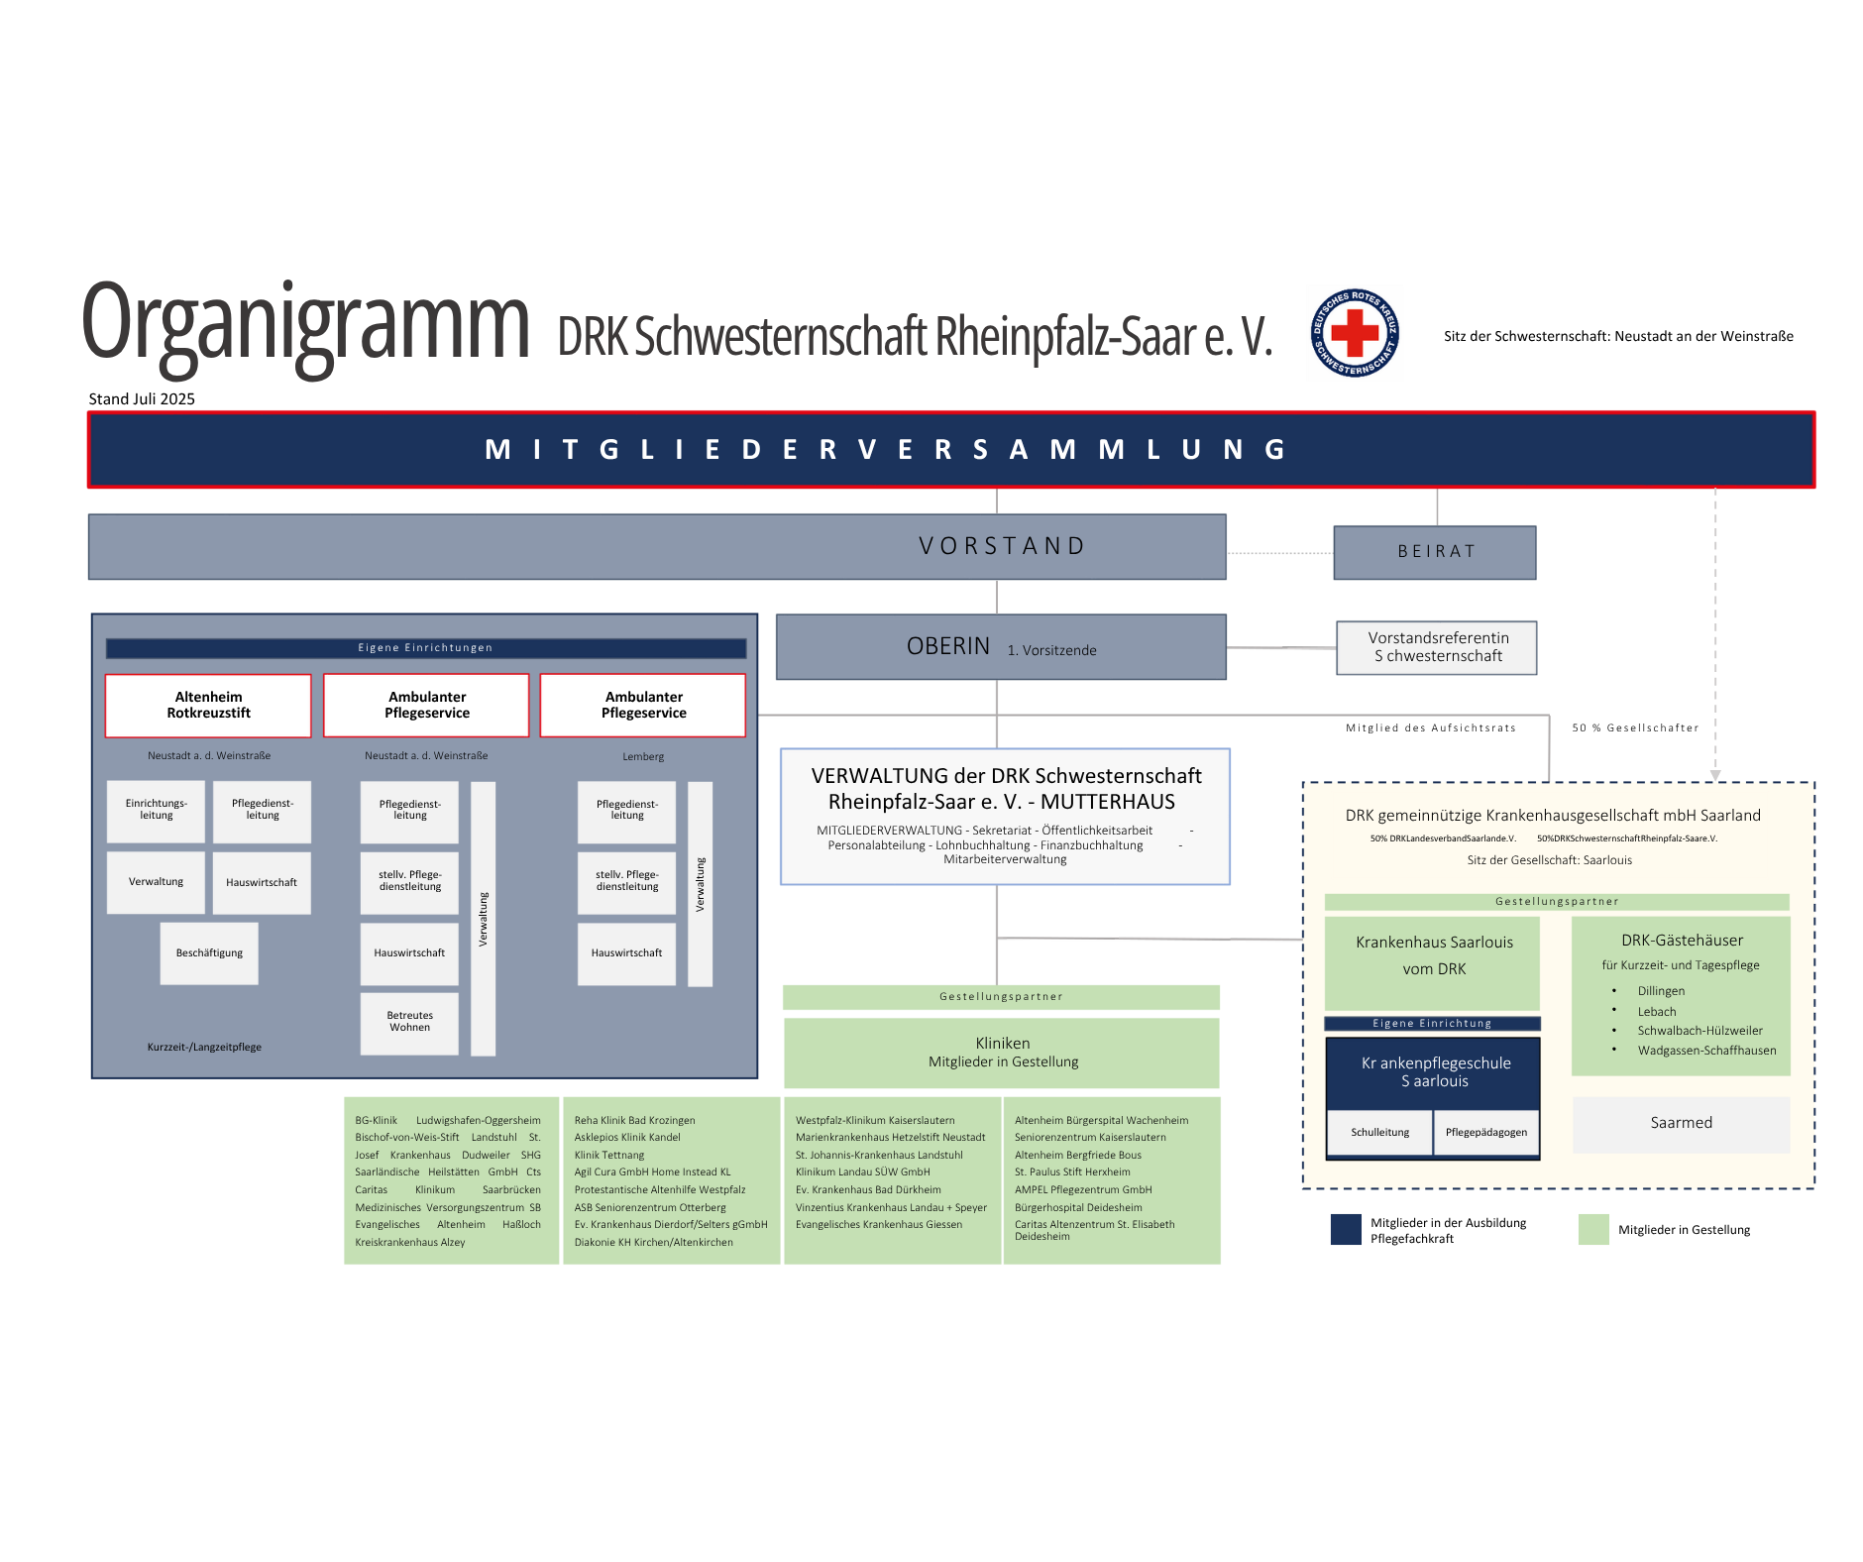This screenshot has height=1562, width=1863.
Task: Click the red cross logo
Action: tap(1355, 333)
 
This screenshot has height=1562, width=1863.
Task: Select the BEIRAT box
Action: tap(1435, 552)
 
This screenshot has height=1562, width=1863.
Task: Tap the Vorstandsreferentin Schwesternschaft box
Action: tap(1437, 647)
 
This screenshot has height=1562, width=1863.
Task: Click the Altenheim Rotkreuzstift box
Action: tap(208, 705)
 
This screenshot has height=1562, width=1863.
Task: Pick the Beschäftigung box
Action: tap(209, 953)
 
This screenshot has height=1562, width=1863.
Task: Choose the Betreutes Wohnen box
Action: tap(409, 1022)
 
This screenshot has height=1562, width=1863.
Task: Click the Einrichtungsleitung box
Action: tap(156, 810)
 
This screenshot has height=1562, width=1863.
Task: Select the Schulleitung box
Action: tap(1379, 1132)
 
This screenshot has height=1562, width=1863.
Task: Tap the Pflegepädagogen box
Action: tap(1485, 1132)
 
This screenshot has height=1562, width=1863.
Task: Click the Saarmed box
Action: tap(1681, 1123)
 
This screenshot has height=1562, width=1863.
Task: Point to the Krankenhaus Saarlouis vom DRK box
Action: tap(1433, 956)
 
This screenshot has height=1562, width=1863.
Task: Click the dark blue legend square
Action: tap(1346, 1229)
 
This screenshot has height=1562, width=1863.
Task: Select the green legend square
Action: tap(1593, 1229)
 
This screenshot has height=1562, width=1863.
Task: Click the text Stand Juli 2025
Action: tap(142, 398)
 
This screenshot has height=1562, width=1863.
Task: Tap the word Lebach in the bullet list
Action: tap(1657, 1012)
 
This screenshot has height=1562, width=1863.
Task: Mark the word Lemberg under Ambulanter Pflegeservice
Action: tap(643, 756)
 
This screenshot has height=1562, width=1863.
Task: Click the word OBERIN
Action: tap(948, 646)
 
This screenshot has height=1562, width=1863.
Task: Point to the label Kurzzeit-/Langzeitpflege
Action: tap(204, 1047)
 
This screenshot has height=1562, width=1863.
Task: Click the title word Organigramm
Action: tap(305, 323)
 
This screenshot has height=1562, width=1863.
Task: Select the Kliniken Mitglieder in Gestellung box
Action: tap(1002, 1053)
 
